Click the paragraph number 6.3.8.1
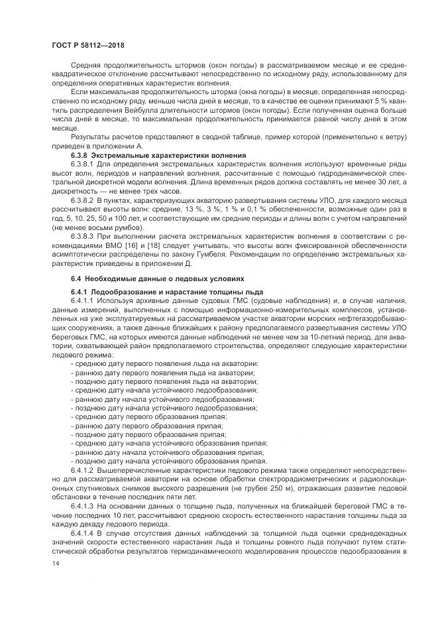point(83,163)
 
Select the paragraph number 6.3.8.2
point(83,198)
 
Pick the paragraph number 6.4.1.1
point(83,301)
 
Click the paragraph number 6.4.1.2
point(83,470)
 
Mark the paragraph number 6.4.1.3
point(83,505)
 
